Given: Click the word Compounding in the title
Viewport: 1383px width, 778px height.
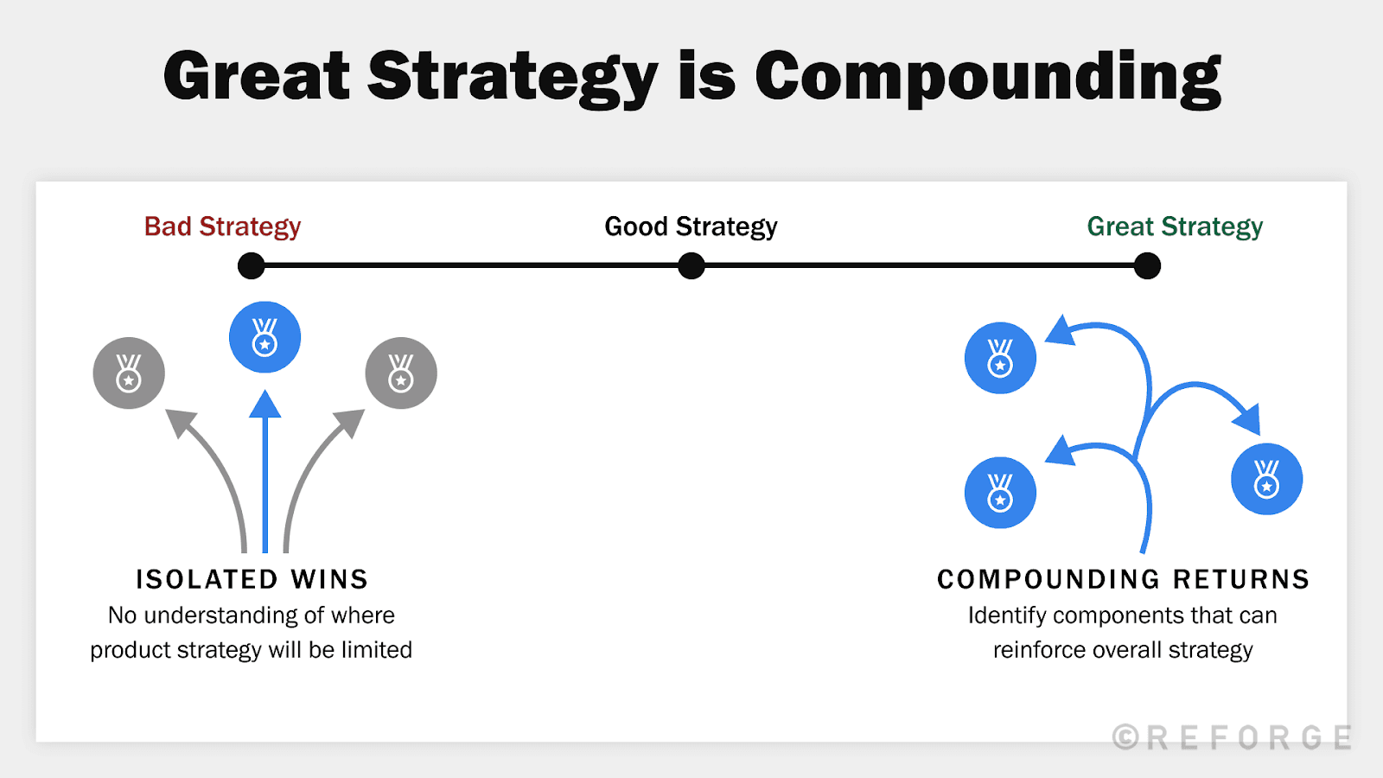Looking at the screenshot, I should tap(987, 78).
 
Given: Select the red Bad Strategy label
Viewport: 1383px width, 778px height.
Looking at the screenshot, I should tap(222, 226).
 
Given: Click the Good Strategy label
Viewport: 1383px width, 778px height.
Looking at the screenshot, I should tap(691, 226).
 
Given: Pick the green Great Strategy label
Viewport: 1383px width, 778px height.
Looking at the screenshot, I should tap(1175, 226).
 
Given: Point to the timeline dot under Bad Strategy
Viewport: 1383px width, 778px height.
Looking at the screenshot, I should tap(251, 265).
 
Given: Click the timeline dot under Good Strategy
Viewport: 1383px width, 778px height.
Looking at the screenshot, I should tap(691, 265).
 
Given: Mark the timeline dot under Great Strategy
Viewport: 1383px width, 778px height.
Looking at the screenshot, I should tap(1147, 265).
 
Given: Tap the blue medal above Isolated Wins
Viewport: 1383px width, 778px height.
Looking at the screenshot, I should tap(264, 337).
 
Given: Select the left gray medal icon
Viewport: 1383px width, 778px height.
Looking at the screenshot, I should tap(129, 373).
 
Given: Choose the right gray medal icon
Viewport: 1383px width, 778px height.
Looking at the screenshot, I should tap(401, 373).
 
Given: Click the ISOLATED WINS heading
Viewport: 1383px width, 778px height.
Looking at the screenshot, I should tap(252, 579).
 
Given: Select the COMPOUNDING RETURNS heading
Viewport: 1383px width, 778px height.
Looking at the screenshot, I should tap(1123, 579).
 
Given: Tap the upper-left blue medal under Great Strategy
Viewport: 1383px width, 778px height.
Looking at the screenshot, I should tap(1000, 358).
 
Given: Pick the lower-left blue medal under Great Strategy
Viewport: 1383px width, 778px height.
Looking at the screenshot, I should tap(1000, 493).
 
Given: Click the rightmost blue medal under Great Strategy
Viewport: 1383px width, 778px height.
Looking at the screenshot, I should tap(1266, 479).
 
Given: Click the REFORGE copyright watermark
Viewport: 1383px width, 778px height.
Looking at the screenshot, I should tap(1232, 737).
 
